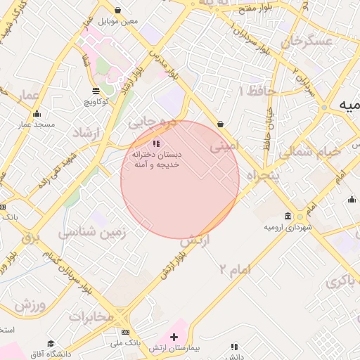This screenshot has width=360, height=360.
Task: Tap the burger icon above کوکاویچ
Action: point(96,91)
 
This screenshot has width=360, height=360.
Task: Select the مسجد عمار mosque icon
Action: point(37,114)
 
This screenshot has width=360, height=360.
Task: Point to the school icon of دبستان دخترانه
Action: point(156,143)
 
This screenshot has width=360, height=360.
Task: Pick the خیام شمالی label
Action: point(309,152)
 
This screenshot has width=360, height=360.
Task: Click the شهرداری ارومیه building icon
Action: point(288,216)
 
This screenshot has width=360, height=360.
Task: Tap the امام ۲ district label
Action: point(234,268)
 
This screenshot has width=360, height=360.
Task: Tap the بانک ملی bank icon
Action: point(125,332)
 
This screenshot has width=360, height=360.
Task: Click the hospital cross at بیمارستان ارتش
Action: point(174,337)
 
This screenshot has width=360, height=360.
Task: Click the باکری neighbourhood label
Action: point(342,281)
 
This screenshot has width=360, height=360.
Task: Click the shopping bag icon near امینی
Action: point(221,124)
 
